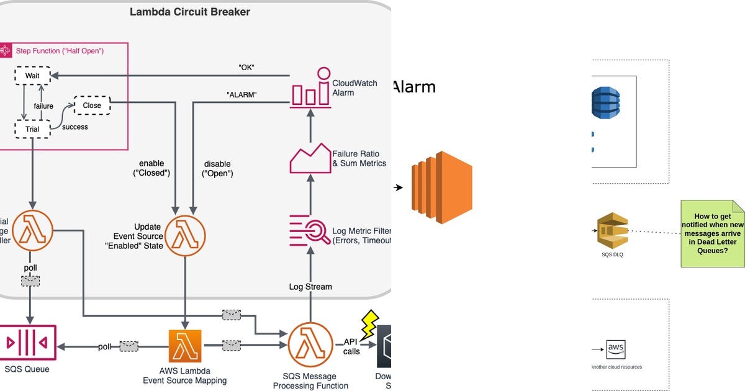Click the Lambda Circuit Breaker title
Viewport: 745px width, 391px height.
[x=190, y=12]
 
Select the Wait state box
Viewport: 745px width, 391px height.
[x=32, y=76]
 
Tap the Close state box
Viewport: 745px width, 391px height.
[x=92, y=106]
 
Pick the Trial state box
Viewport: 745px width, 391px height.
[x=32, y=129]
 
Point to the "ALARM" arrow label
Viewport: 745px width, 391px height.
[x=242, y=94]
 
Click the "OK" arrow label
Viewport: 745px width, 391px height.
[x=246, y=68]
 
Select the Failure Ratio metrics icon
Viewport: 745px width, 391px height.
[x=310, y=158]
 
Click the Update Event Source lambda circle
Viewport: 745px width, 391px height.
[x=184, y=236]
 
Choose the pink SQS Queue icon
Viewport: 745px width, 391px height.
[x=28, y=342]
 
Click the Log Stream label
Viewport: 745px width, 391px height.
[x=310, y=287]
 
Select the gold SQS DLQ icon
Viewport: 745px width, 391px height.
[x=612, y=231]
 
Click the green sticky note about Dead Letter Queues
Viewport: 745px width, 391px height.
[x=712, y=233]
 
